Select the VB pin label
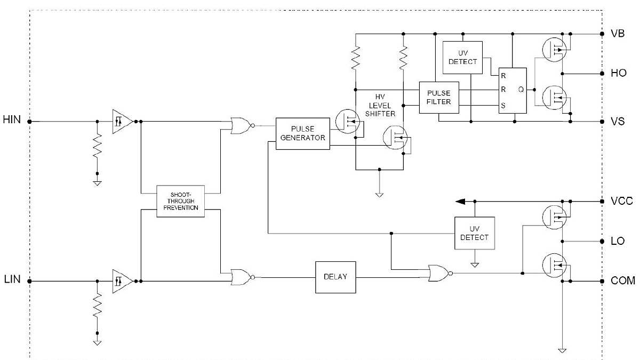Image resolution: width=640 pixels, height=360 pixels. coord(618,33)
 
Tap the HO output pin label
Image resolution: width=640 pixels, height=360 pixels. coord(618,73)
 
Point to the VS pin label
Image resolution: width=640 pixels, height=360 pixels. coord(618,122)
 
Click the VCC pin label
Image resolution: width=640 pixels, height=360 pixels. coord(621,202)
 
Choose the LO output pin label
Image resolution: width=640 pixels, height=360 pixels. coord(618,241)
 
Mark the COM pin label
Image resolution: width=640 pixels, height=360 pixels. coord(622,281)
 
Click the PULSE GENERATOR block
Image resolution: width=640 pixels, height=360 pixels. coord(302,133)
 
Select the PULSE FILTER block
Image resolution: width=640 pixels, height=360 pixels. coord(438,98)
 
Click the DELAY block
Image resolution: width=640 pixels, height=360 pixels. coord(335,277)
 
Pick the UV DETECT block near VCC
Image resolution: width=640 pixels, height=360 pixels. coord(474,233)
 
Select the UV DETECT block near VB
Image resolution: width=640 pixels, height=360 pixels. coord(462,57)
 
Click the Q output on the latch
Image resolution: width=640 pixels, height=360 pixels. coord(520,90)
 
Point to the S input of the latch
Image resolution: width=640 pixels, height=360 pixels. coord(502,106)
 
